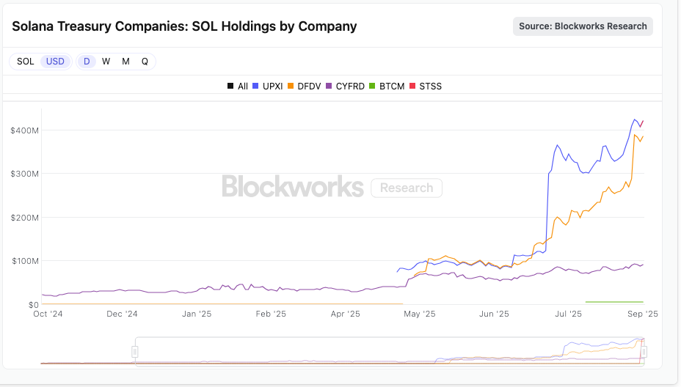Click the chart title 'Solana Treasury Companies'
(184, 26)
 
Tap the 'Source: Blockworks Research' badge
(583, 26)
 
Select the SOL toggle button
(26, 62)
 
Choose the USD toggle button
(55, 62)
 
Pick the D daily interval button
(87, 62)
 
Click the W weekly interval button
(106, 62)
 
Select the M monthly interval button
(125, 62)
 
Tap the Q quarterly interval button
(145, 62)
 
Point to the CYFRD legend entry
(345, 86)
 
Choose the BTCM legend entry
(387, 86)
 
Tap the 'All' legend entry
(238, 86)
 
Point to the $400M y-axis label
(24, 130)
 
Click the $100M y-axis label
(24, 261)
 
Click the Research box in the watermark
(407, 188)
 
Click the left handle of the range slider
(135, 352)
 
